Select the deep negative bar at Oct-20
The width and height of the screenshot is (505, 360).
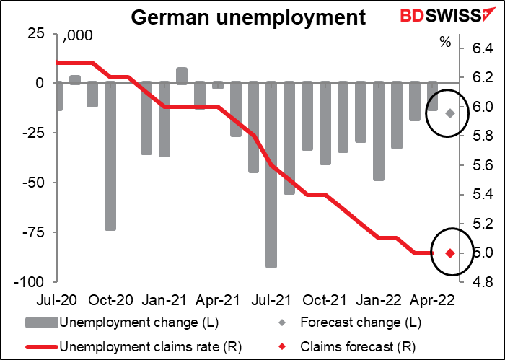tap(111, 155)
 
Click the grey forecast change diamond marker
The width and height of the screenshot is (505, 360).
tap(450, 113)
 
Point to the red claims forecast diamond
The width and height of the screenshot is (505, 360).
tap(450, 253)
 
